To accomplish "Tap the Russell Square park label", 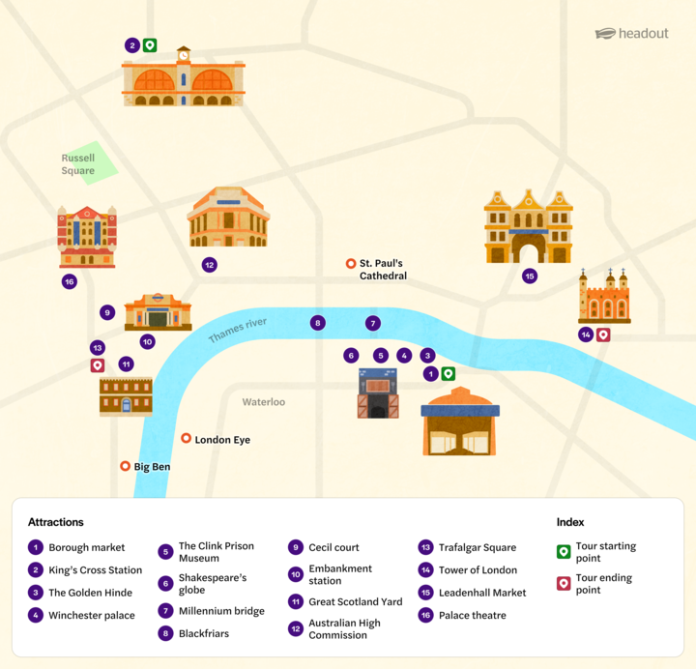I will tap(78, 164).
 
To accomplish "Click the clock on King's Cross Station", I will tap(183, 55).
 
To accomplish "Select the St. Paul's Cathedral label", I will tap(383, 270).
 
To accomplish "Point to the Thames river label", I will tap(237, 330).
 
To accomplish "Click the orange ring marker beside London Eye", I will tap(187, 439).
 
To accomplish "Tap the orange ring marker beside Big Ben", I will tap(125, 466).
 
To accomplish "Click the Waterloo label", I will tap(264, 402).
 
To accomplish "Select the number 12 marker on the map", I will tap(209, 265).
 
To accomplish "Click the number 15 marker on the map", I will tap(530, 276).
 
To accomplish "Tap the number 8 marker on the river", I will tap(318, 323).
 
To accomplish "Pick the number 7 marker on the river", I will tap(373, 323).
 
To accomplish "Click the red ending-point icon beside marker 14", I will tap(603, 334).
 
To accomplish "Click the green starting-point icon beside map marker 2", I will tap(150, 45).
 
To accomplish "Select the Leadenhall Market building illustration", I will tap(529, 227).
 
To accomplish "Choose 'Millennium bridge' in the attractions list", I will tap(221, 611).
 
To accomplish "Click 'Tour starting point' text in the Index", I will tap(605, 552).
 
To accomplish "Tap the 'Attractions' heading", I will tap(56, 522).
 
